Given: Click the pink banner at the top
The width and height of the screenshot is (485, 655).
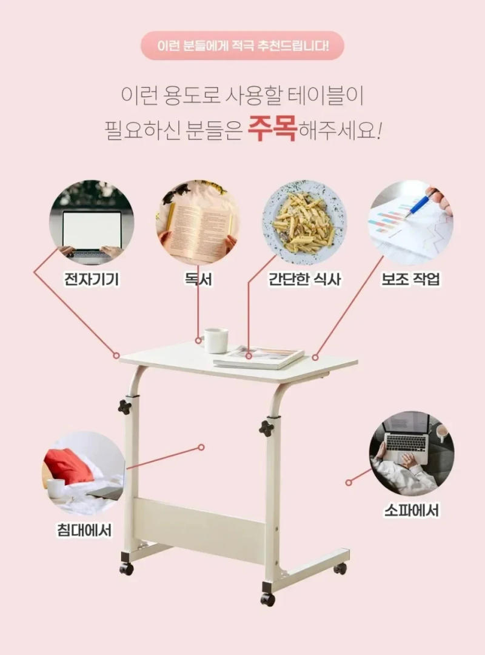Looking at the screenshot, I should tap(242, 45).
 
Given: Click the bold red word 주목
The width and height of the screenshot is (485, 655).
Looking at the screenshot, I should tap(272, 129).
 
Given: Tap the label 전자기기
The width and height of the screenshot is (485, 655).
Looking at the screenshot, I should tap(92, 280).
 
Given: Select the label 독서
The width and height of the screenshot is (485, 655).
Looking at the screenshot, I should tap(198, 280).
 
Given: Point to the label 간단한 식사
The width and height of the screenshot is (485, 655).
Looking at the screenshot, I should tap(305, 280).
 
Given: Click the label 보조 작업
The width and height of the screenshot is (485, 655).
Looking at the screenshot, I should tap(410, 280).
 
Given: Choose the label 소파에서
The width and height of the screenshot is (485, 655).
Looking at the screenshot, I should tap(411, 509).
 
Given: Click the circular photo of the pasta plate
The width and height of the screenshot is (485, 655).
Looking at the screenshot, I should tap(304, 222).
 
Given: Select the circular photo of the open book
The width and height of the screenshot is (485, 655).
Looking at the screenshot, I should tap(198, 222).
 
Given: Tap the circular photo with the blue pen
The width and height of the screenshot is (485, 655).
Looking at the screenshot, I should tap(411, 222).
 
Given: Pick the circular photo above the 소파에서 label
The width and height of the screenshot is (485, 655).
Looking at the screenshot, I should tap(411, 452).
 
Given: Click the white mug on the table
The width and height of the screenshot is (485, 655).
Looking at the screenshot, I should tap(216, 340).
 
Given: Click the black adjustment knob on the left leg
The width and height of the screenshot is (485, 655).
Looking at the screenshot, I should tap(125, 406).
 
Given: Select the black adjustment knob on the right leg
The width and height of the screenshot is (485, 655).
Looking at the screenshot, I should tap(266, 428).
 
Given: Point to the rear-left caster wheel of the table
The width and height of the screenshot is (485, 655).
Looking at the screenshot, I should tap(126, 568).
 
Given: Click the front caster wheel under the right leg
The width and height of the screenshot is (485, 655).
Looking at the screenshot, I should tap(267, 599).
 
